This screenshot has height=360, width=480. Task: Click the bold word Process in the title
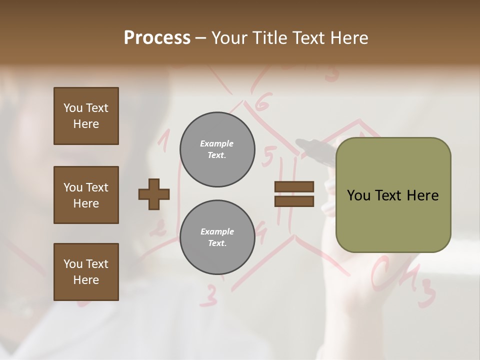tap(157, 38)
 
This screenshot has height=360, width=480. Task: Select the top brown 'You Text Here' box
tap(86, 116)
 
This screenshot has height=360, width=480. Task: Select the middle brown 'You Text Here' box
tap(86, 195)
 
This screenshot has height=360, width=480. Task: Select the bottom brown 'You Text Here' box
tap(86, 272)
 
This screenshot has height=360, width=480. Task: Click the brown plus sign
tap(154, 194)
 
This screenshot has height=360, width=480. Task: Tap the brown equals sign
tap(294, 194)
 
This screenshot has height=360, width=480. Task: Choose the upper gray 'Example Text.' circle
tap(217, 149)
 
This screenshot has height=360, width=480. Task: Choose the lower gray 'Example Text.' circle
tap(217, 237)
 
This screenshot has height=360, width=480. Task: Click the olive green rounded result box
tap(393, 195)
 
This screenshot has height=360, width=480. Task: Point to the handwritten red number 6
tap(262, 103)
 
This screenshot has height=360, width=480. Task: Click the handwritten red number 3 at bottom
tap(209, 296)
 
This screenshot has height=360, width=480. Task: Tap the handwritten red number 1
tap(164, 140)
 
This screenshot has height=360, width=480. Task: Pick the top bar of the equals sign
tap(294, 187)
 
